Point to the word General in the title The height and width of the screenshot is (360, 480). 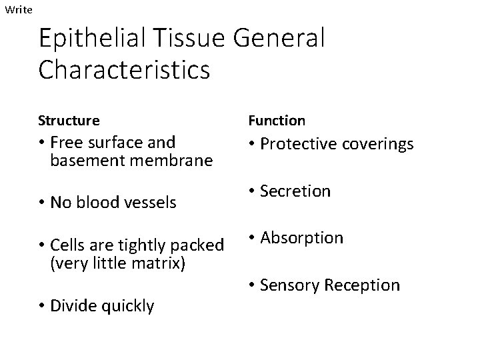(281, 39)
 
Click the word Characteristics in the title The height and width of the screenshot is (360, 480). (124, 69)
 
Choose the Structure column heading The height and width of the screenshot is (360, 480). (69, 121)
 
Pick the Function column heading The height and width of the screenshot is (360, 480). (277, 121)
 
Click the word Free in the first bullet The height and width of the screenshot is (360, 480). (65, 143)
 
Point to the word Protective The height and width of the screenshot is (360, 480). (299, 144)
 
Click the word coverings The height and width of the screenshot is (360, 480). (378, 144)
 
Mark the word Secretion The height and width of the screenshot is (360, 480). (295, 191)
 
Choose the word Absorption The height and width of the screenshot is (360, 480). (301, 238)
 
